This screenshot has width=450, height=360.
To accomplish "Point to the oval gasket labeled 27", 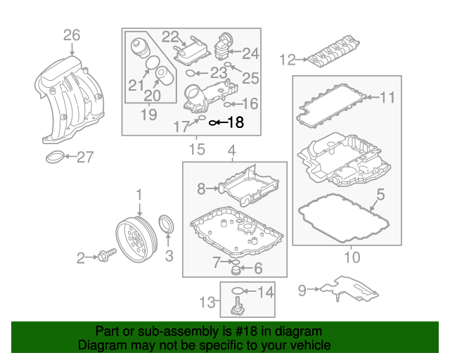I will tap(56, 157).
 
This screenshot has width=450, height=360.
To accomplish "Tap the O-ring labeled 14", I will tap(238, 291).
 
